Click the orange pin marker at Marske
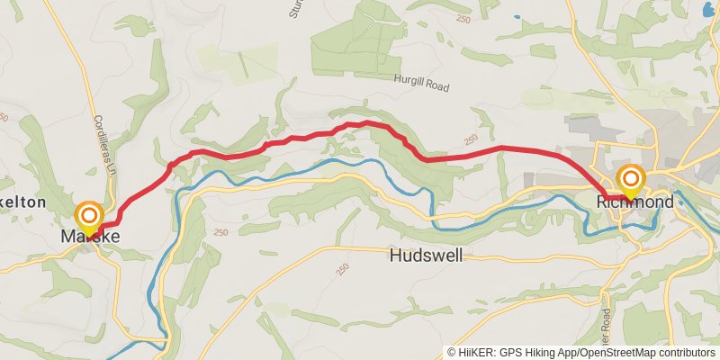pos(88,216)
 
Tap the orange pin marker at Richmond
pos(630,178)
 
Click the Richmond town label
pos(634,202)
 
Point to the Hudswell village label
pos(427,256)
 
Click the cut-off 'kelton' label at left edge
pos(22,202)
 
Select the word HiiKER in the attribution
pos(477,353)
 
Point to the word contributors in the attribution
pos(688,353)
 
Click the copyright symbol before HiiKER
pos(452,353)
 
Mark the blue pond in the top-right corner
pos(708,9)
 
